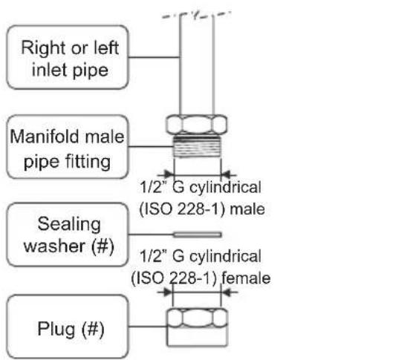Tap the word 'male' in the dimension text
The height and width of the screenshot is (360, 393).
(x=249, y=210)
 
